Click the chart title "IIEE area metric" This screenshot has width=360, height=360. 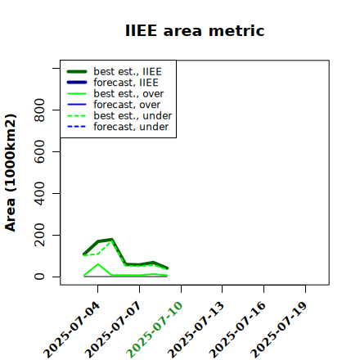pos(195,30)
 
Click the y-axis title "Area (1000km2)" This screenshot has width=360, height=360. pos(11,173)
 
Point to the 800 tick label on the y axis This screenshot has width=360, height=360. pos(39,110)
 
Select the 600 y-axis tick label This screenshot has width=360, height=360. pos(39,151)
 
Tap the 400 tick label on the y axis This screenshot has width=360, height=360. pos(39,193)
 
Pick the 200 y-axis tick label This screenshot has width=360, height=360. pos(39,235)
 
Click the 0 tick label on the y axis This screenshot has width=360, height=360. pos(39,277)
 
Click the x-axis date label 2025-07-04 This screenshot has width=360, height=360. pos(71,330)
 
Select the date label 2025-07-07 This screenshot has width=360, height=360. pos(113,330)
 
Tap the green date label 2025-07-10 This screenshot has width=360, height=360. pos(155,330)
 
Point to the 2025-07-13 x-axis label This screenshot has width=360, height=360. pos(196,330)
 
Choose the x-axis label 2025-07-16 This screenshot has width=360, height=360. pos(237,330)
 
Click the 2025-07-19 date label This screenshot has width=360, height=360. pos(279,330)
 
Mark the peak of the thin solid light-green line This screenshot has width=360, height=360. pos(98,264)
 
